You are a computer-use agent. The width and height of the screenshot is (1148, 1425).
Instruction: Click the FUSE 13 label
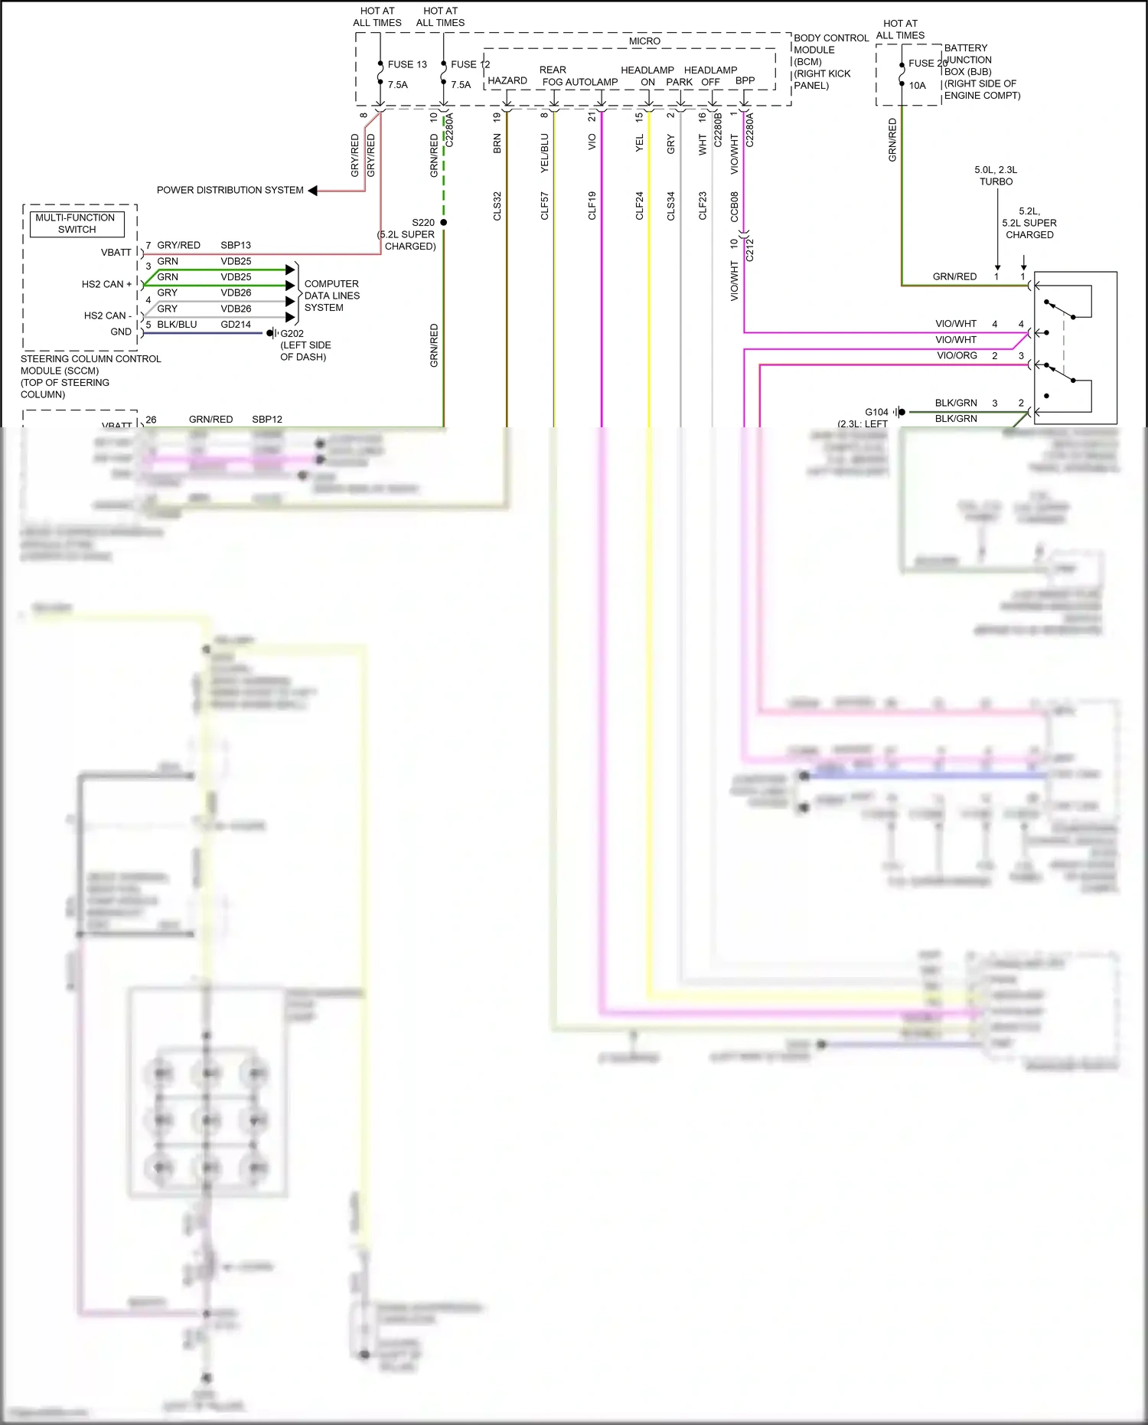[x=406, y=64]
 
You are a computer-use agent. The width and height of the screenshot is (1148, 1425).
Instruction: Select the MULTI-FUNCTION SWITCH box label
[x=75, y=224]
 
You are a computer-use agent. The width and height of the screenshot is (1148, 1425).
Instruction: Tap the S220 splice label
[x=422, y=223]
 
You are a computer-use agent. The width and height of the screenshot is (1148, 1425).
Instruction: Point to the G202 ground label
[x=292, y=334]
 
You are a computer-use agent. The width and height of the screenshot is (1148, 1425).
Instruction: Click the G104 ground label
[x=876, y=412]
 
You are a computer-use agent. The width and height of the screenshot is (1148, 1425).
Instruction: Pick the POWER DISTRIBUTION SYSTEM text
[x=230, y=190]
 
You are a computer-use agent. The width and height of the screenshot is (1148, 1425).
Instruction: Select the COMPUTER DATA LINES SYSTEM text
[x=331, y=296]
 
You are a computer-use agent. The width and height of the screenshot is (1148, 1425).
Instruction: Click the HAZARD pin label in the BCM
[x=507, y=81]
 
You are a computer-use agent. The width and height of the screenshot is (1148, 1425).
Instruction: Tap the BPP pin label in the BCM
[x=745, y=80]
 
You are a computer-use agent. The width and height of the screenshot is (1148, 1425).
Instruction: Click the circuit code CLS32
[x=497, y=206]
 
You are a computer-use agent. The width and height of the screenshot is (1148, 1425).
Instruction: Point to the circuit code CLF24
[x=640, y=206]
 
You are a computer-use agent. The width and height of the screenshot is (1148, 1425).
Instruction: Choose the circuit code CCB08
[x=735, y=206]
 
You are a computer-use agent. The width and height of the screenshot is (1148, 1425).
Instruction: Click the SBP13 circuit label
[x=236, y=245]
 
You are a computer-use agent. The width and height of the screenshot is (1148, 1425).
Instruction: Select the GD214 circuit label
[x=236, y=325]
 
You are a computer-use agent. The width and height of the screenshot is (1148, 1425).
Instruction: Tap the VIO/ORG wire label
[x=957, y=355]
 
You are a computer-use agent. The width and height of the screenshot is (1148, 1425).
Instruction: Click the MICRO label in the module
[x=644, y=41]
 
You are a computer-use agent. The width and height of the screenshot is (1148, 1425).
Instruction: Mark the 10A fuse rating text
[x=917, y=86]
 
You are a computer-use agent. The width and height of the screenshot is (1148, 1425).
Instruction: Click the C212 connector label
[x=750, y=250]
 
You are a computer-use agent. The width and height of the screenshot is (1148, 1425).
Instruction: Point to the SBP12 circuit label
[x=267, y=420]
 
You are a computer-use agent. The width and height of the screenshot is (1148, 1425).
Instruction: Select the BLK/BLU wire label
[x=177, y=325]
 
